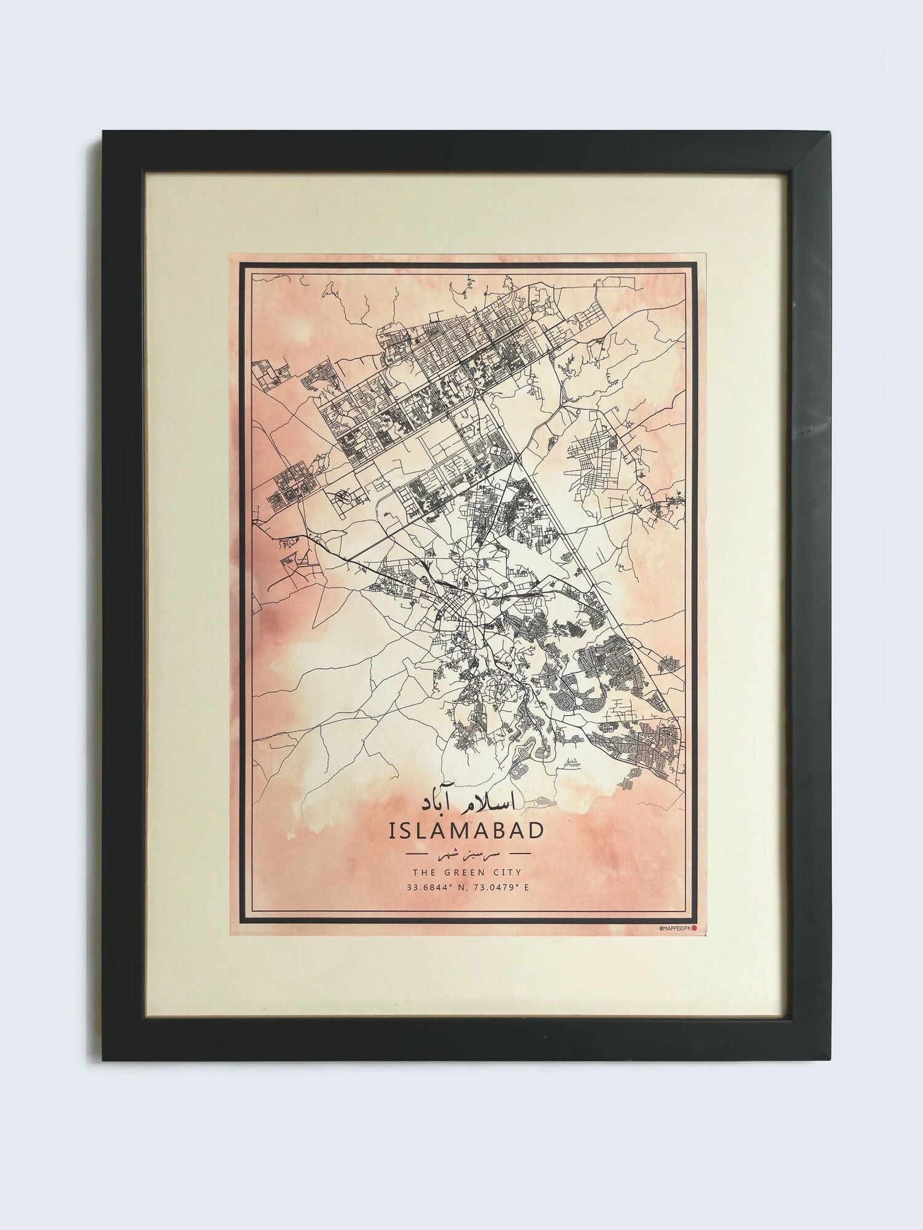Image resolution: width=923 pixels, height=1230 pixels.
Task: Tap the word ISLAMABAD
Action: (x=466, y=830)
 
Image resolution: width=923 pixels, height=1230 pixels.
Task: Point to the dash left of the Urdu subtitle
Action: (x=423, y=854)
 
